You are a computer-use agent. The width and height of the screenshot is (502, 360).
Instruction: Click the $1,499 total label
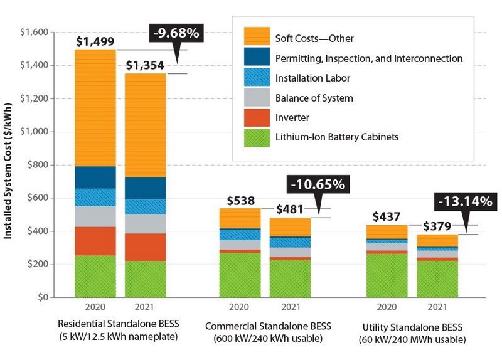[x=95, y=41]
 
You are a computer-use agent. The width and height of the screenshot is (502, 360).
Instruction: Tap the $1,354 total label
[x=146, y=65]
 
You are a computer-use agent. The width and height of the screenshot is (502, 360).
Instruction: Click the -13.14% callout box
[x=464, y=202]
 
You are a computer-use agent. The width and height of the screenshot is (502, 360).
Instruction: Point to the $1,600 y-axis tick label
[x=33, y=32]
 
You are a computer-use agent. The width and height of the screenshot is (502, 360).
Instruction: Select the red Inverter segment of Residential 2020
[x=95, y=241]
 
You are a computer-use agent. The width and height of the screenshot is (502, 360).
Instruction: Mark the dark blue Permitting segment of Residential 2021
[x=146, y=188]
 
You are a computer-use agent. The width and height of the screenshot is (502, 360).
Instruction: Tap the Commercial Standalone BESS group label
[x=269, y=326]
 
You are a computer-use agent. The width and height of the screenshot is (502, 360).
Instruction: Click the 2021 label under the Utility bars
[x=437, y=307]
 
